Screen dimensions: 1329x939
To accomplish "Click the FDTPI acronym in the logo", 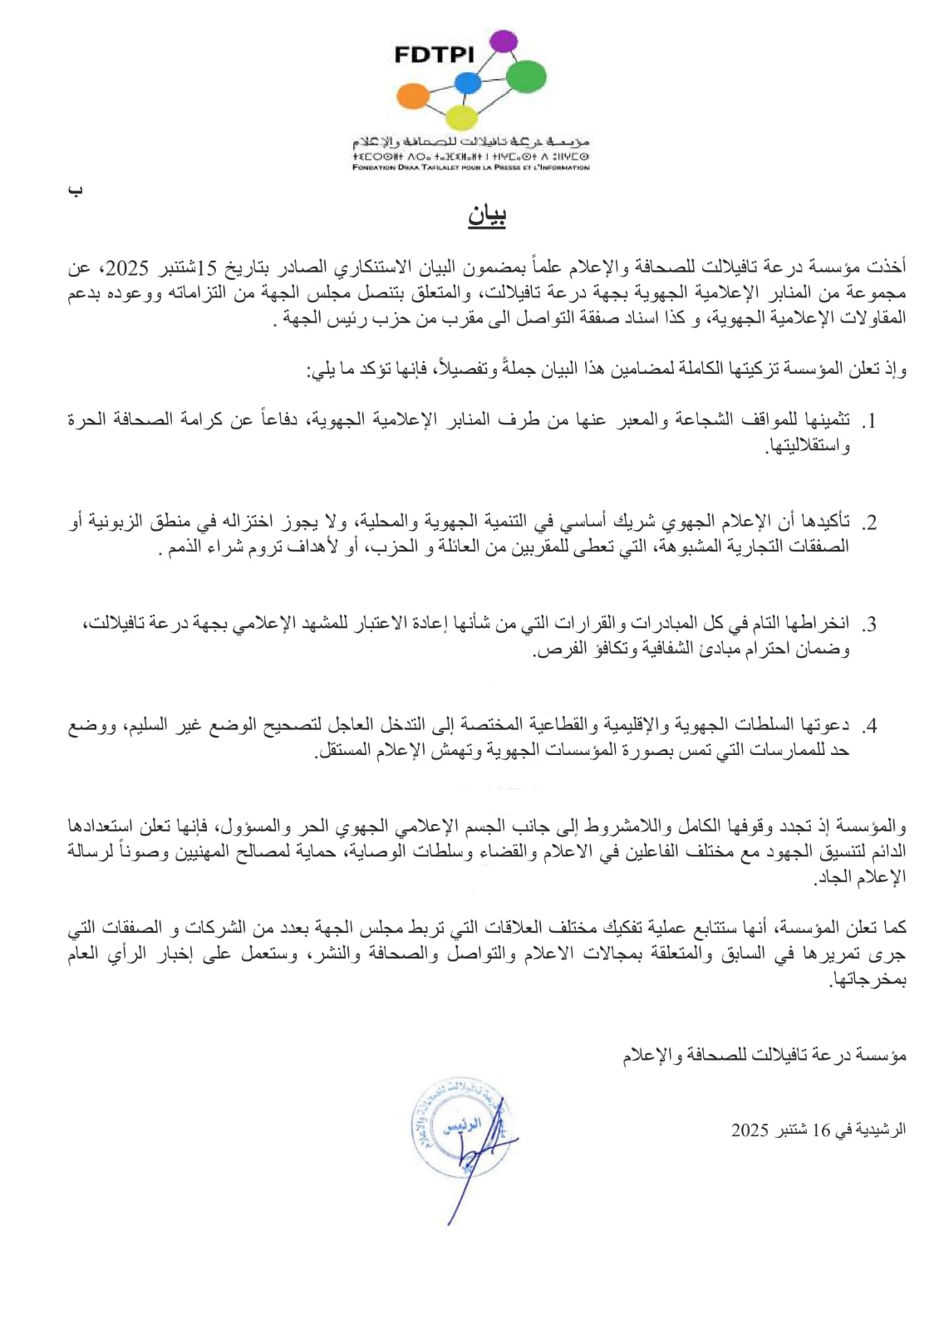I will point(434,55).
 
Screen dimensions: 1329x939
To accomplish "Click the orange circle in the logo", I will point(412,96).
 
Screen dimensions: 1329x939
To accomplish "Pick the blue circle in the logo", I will point(468,83).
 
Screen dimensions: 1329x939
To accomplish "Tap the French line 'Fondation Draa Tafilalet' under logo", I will point(470,167).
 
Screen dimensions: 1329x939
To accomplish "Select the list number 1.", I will point(869,421).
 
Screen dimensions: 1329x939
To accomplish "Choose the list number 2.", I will point(869,523).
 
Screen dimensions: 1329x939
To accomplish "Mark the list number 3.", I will point(869,625).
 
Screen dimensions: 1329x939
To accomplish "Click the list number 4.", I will point(869,727).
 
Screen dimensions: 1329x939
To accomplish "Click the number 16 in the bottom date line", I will point(821,1130).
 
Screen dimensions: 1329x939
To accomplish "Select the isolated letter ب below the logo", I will point(76,191).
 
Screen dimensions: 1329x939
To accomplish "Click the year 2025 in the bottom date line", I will point(751,1130).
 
